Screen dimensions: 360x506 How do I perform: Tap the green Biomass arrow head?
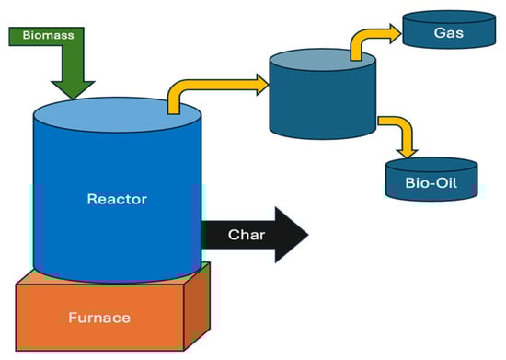73,87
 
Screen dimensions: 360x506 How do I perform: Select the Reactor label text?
117,199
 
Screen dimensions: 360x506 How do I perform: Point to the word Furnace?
98,319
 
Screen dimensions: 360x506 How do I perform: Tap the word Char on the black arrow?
247,235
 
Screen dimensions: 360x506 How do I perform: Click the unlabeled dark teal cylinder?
321,106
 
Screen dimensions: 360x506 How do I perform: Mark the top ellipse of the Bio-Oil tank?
431,165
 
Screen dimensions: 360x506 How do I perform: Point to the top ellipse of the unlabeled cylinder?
321,62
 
